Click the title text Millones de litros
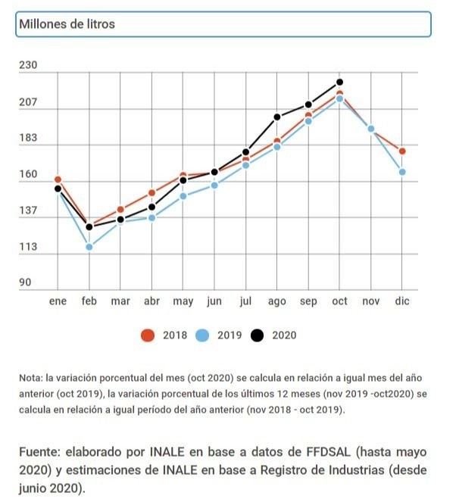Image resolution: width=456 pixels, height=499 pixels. pos(67,24)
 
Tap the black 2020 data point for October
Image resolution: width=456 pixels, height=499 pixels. pos(339,82)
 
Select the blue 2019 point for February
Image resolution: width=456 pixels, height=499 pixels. pos(89,247)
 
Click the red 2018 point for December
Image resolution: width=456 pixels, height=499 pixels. pos(402,151)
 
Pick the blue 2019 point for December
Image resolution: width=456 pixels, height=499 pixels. pos(402,172)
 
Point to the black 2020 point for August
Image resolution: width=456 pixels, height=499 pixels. pos(277,117)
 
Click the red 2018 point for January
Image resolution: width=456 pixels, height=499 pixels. pos(58,179)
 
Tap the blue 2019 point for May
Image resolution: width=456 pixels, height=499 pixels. pos(183,196)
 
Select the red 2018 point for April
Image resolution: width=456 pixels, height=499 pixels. pos(151,193)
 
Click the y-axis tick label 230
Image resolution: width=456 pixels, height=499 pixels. pos(28,66)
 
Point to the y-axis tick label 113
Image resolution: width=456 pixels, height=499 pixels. pos(28,247)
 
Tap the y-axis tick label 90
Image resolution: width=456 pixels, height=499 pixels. pos(25,282)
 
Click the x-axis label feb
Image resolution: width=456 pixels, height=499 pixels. pos(89,301)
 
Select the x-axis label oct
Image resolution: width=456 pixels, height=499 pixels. pos(339,301)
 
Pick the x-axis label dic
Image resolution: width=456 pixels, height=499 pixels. pos(402,301)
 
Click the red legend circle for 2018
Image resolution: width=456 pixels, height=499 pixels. pos(148,335)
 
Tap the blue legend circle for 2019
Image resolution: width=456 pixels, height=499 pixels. pos(203,335)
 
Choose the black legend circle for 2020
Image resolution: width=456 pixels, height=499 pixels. pos(258,335)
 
